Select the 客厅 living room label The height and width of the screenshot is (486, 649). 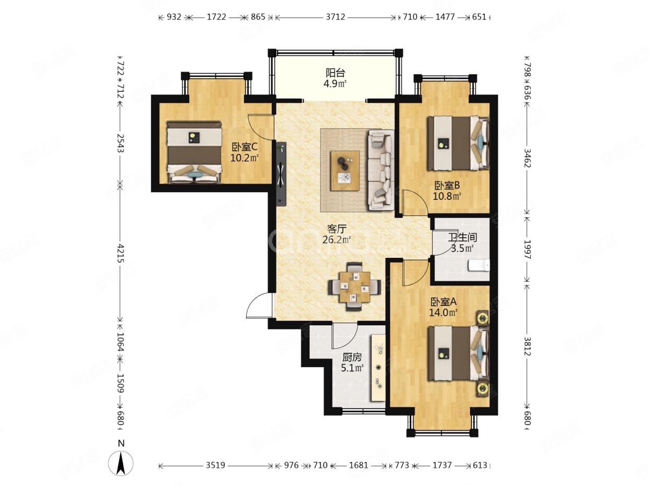337,229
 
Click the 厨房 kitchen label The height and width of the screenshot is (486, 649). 352,357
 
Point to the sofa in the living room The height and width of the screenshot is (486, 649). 380,170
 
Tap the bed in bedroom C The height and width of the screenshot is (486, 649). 194,152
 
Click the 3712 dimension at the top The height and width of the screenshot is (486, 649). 335,17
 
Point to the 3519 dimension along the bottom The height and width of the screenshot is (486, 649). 215,465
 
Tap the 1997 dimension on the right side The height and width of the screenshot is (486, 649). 528,249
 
